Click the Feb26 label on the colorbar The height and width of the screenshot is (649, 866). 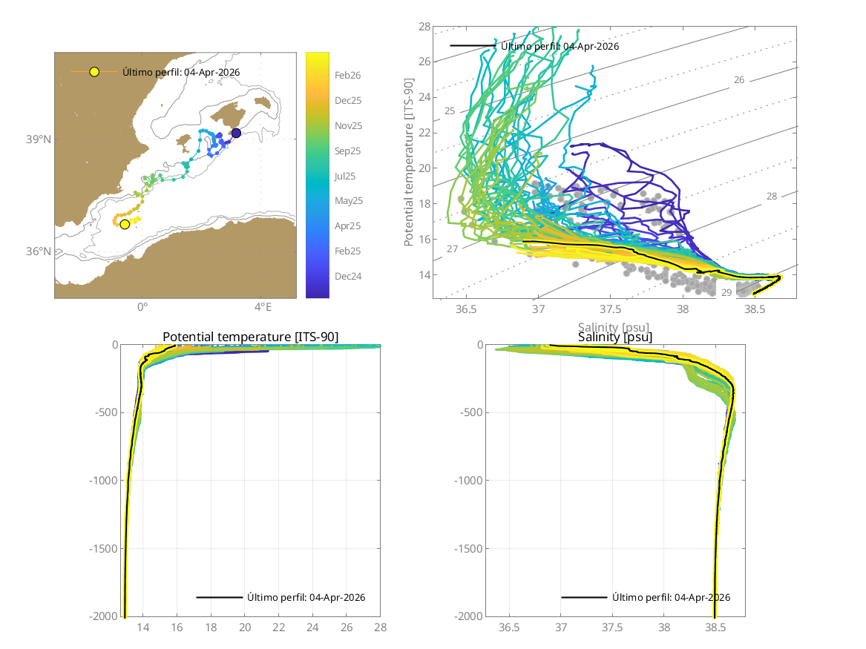(347, 75)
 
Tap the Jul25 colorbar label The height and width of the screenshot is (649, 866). (347, 176)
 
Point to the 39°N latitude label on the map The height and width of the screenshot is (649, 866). (39, 139)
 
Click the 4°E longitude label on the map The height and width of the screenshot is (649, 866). (263, 306)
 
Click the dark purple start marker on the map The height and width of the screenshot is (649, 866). (236, 133)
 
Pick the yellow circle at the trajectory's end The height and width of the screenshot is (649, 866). (125, 224)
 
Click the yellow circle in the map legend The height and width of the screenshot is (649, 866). (94, 72)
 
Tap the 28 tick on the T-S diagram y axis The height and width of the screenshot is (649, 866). (424, 27)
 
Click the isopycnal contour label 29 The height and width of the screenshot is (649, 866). (726, 293)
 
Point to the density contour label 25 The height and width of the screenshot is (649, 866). (450, 111)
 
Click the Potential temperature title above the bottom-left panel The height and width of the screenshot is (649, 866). (251, 337)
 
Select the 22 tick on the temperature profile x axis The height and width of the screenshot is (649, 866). (278, 628)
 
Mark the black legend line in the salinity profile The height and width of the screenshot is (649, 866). (584, 597)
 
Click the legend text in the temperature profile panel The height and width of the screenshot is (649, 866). (306, 597)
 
